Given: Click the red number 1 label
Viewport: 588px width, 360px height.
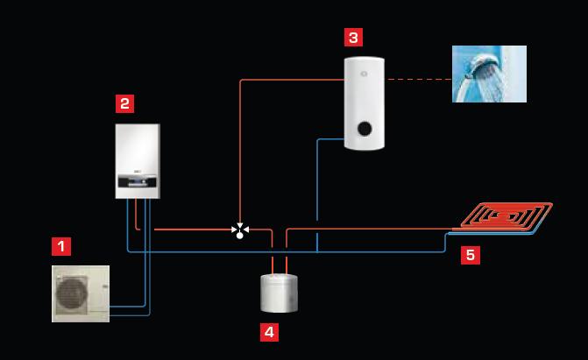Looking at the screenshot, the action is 61,246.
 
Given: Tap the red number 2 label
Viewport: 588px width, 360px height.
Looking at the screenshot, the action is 125,103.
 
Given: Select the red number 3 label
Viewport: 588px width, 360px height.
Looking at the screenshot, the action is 354,37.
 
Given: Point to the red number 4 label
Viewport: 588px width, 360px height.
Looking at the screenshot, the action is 269,332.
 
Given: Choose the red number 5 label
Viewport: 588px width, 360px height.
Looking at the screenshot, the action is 471,255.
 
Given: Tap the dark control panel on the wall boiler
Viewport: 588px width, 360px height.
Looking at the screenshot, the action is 138,180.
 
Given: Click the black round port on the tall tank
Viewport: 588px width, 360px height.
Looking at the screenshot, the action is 365,129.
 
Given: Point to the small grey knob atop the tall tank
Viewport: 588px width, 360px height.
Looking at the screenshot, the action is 364,74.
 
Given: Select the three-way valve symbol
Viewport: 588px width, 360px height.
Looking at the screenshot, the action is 240,230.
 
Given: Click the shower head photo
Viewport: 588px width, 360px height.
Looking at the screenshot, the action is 489,74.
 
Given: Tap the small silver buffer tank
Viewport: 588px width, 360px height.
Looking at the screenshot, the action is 279,293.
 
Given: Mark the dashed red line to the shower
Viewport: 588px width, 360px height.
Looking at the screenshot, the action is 419,80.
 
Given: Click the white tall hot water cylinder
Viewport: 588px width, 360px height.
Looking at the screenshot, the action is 365,103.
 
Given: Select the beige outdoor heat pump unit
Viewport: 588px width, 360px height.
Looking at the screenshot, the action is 81,294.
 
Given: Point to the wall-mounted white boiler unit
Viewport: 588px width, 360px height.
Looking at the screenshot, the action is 138,161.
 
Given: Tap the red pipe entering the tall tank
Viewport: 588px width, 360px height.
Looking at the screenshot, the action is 292,80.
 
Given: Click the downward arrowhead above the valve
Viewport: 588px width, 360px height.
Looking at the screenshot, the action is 240,225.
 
